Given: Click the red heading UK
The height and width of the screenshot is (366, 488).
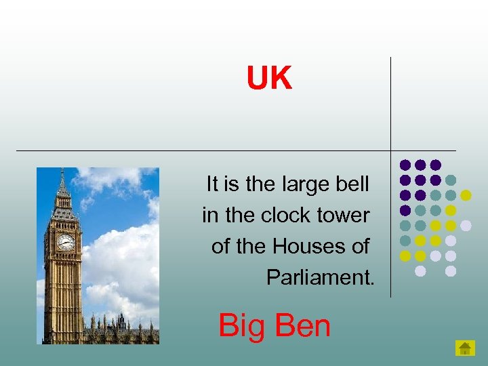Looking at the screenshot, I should tap(269, 79).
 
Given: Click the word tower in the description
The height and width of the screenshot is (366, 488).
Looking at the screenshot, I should tap(346, 216).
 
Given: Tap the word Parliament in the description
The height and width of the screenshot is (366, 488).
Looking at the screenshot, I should tap(320, 277).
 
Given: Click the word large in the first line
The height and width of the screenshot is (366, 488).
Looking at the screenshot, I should tap(305, 184).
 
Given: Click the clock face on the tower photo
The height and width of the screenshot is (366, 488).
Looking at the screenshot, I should tap(66, 242).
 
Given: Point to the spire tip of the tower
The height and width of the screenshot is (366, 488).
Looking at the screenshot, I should tap(62, 171).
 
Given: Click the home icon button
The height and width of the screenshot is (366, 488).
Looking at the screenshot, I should tap(465, 348).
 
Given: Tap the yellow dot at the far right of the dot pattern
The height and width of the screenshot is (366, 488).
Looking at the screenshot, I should tap(466, 195).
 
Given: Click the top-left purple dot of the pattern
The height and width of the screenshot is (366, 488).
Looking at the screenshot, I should tap(405, 165).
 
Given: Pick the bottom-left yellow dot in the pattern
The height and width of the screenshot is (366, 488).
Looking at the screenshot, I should tap(405, 256).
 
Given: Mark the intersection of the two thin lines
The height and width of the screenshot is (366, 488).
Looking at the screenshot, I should tap(391, 150).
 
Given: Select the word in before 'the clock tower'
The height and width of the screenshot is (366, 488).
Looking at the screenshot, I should tap(210, 216).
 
